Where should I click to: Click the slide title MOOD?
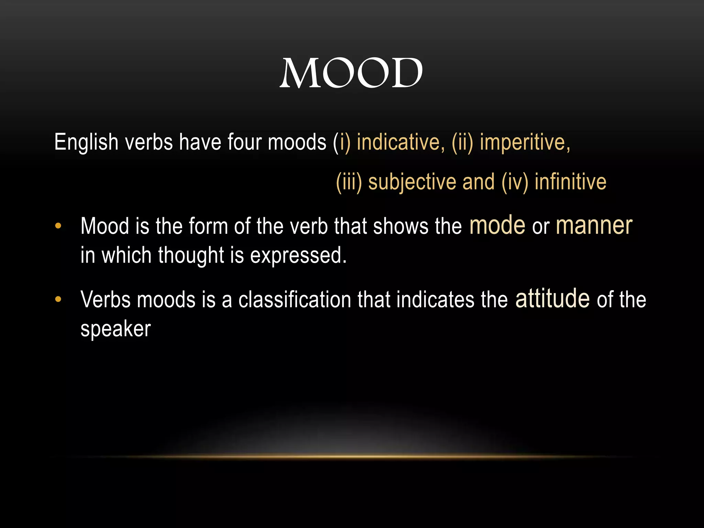click(351, 73)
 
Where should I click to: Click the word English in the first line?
click(86, 142)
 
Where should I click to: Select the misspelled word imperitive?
click(525, 142)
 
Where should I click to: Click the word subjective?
click(412, 182)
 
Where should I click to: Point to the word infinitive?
click(570, 182)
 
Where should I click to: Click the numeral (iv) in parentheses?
click(515, 182)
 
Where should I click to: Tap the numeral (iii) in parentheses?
click(349, 182)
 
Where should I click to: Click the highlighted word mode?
click(497, 225)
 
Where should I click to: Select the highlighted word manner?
click(594, 225)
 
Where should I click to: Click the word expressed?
click(298, 256)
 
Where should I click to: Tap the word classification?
click(295, 299)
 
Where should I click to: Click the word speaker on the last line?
click(115, 329)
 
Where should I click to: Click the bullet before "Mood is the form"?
click(58, 226)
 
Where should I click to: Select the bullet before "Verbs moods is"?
click(58, 299)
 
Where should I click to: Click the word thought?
click(191, 256)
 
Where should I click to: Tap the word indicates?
click(435, 299)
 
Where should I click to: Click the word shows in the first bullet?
click(401, 227)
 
